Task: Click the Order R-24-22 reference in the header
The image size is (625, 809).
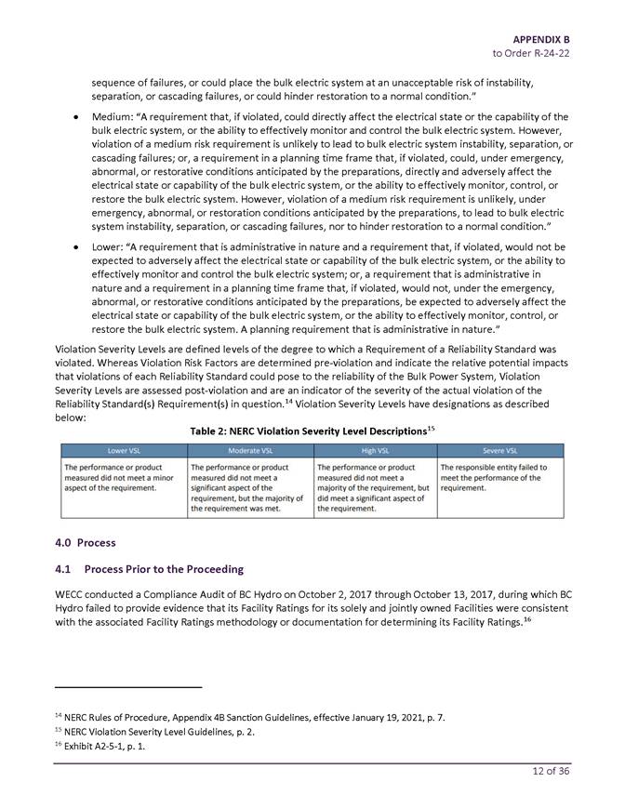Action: pos(531,54)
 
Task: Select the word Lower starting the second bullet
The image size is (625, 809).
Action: pos(108,247)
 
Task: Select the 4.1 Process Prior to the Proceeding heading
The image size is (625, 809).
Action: pos(150,569)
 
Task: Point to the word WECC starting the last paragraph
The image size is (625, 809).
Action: pos(73,594)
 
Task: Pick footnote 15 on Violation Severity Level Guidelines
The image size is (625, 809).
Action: pos(167,732)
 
